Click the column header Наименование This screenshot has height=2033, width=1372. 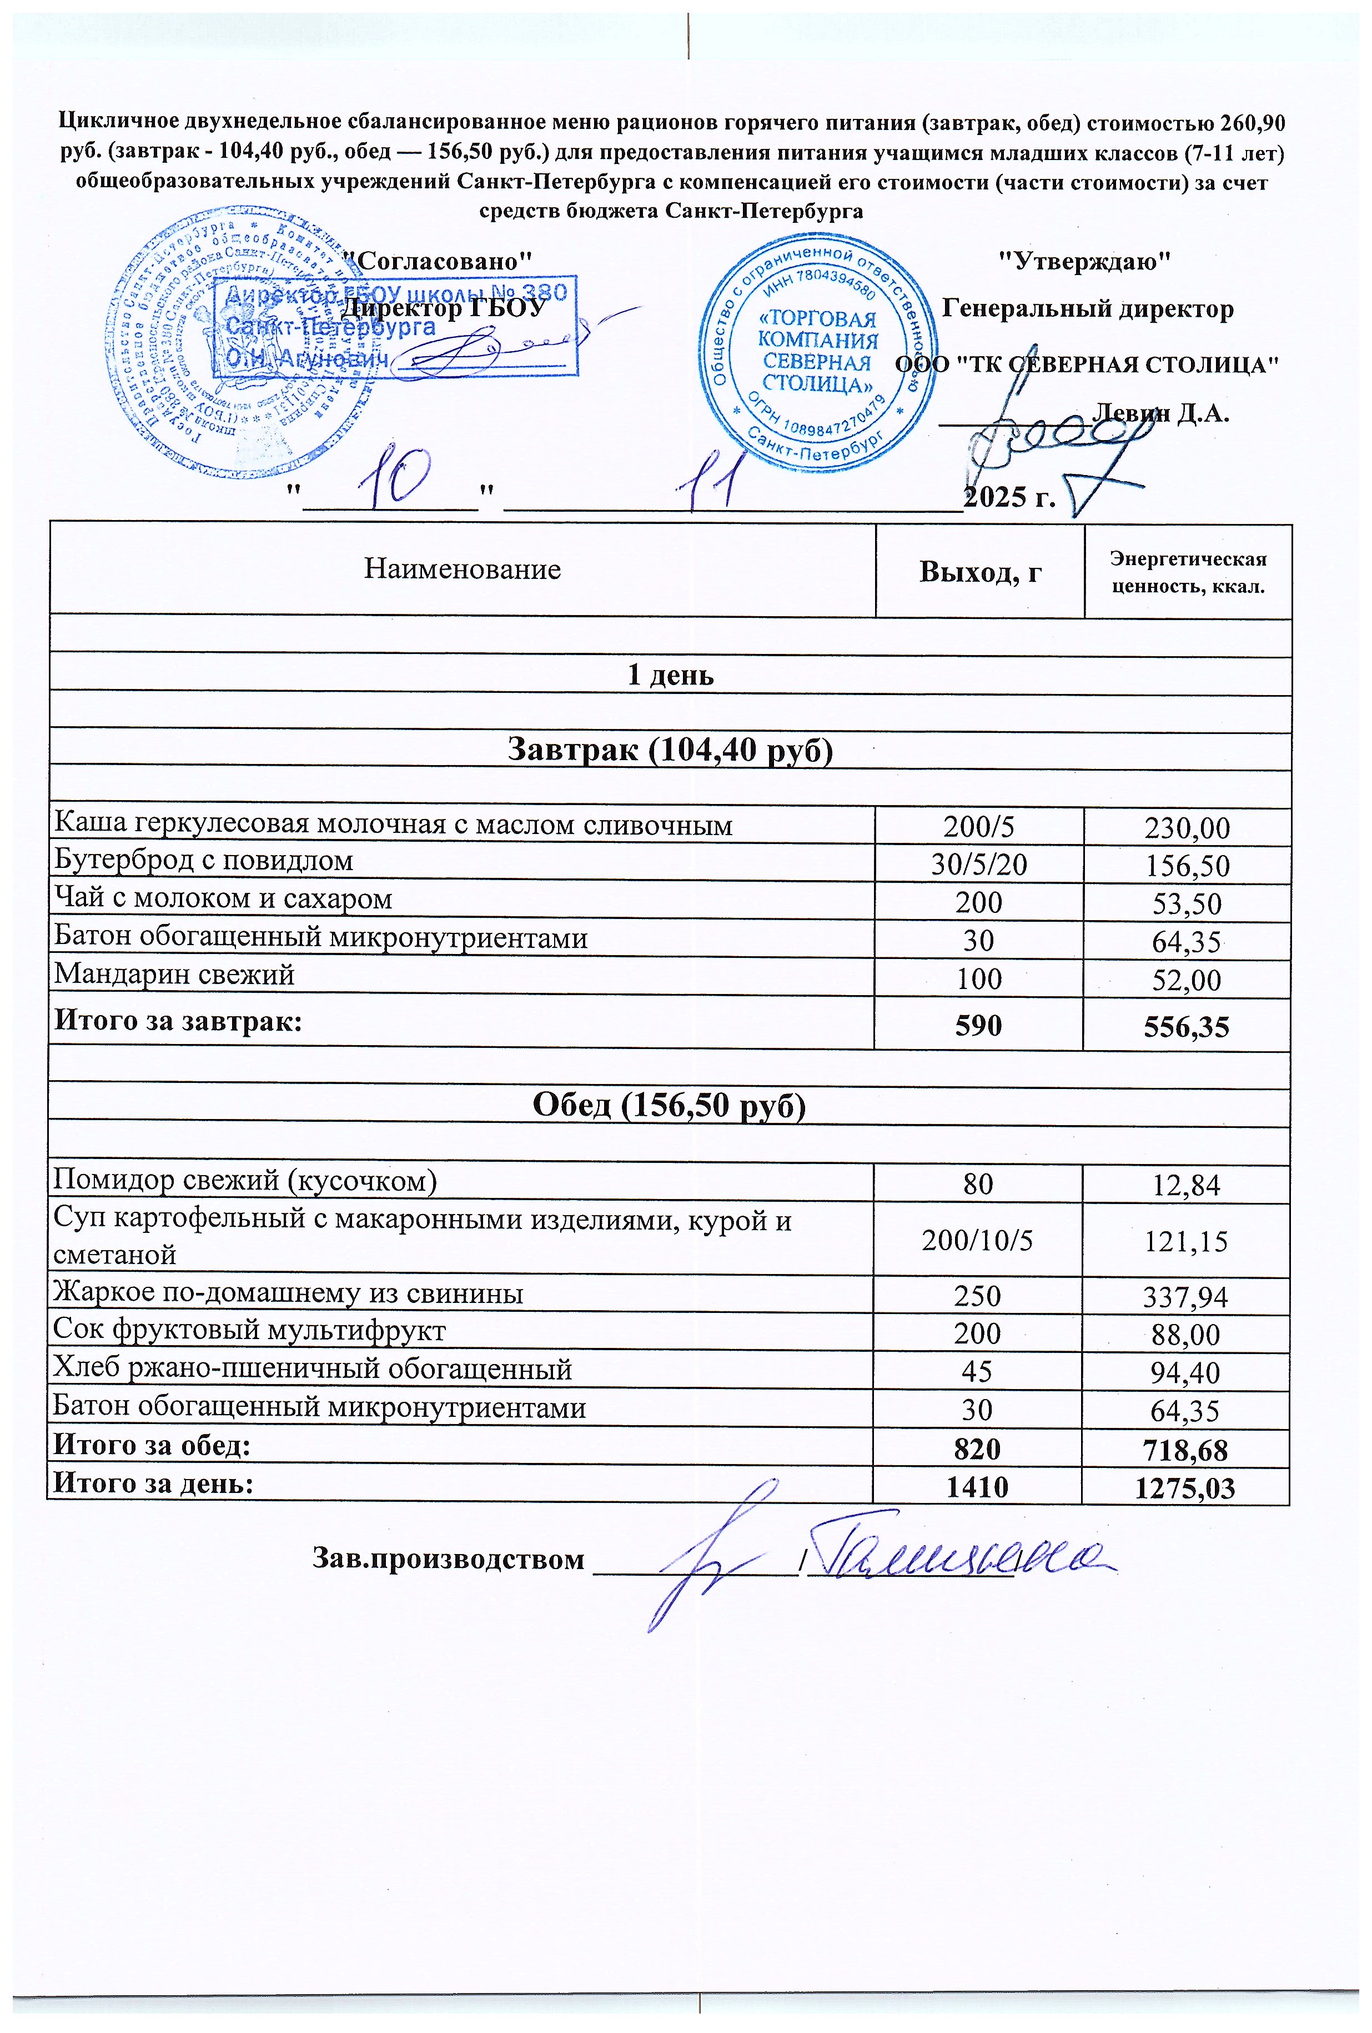click(x=462, y=570)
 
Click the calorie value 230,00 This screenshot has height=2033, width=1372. click(x=1187, y=827)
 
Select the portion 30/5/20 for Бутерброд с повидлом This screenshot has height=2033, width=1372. click(x=978, y=865)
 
